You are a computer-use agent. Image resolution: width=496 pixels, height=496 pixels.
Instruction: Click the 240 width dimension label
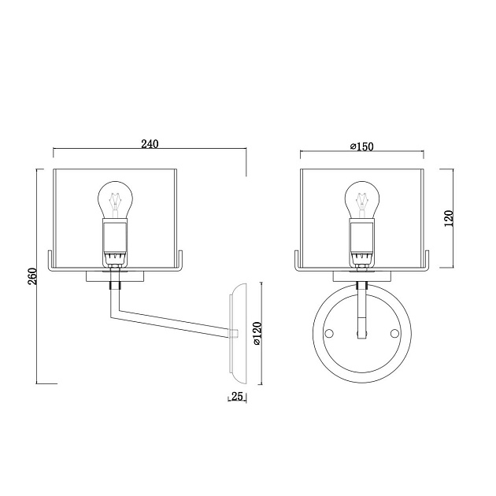pyautogui.click(x=150, y=144)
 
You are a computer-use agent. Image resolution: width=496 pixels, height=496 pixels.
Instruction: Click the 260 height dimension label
pyautogui.click(x=33, y=276)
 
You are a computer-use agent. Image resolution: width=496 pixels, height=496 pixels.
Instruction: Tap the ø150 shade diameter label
pyautogui.click(x=362, y=146)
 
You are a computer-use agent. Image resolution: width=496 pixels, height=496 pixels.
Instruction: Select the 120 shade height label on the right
pyautogui.click(x=449, y=218)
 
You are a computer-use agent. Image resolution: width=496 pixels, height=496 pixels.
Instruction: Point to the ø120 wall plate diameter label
pyautogui.click(x=257, y=333)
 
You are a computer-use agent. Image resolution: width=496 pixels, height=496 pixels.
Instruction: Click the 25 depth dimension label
pyautogui.click(x=237, y=396)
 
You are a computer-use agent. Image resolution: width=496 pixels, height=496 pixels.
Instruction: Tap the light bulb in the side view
pyautogui.click(x=115, y=200)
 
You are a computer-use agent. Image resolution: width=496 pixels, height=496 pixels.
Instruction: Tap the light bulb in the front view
pyautogui.click(x=362, y=200)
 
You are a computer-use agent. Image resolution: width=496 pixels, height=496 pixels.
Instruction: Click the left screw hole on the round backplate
pyautogui.click(x=329, y=333)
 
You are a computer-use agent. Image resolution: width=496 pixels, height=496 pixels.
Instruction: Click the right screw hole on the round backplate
pyautogui.click(x=394, y=333)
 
